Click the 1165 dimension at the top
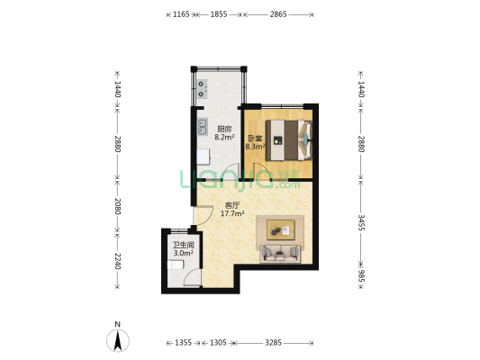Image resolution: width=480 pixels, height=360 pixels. [x=181, y=14]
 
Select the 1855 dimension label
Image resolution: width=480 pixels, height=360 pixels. [x=219, y=14]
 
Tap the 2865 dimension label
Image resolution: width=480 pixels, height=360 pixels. [x=278, y=14]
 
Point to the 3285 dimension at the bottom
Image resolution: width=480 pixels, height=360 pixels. [x=273, y=343]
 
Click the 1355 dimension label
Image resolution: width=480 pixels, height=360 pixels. [x=183, y=343]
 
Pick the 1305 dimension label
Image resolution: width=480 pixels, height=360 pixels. [x=218, y=343]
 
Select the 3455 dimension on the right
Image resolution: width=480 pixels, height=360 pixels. [x=361, y=222]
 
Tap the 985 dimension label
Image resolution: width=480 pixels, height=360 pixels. [x=361, y=276]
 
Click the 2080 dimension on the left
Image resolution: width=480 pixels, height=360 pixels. [x=118, y=206]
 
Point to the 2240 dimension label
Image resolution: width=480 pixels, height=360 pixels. [x=118, y=261]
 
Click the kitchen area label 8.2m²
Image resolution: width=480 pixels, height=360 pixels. [x=224, y=138]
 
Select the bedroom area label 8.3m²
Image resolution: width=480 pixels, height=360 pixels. [x=255, y=147]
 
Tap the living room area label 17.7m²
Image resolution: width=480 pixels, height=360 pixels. [x=232, y=213]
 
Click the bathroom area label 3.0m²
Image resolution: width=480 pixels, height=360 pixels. [x=183, y=253]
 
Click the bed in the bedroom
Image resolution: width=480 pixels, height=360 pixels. [x=289, y=140]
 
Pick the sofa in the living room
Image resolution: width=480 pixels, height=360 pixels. [x=280, y=254]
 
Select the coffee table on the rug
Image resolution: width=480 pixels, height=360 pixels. [x=281, y=229]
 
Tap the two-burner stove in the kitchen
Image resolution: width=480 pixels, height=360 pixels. [x=202, y=89]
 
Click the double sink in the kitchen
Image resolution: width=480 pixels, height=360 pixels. [x=202, y=127]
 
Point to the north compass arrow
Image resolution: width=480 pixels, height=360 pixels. [x=118, y=340]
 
